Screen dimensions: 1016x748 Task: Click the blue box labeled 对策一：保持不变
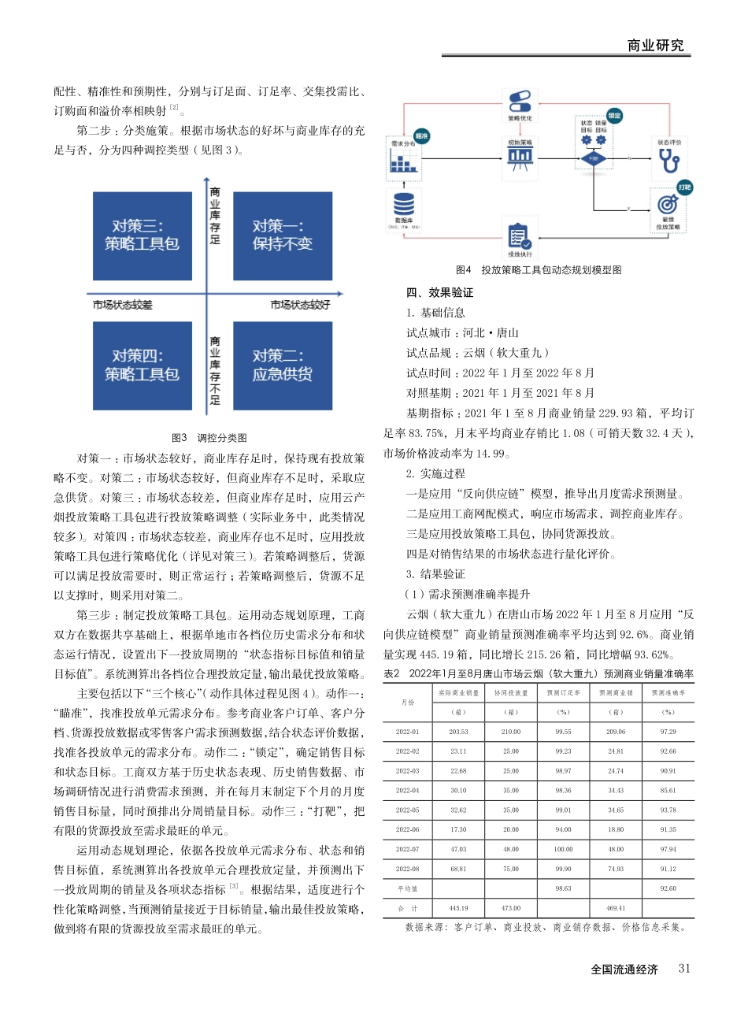(x=282, y=235)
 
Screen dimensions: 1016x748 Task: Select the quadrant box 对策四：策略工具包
(x=143, y=365)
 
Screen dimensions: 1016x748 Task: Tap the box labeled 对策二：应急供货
(x=282, y=365)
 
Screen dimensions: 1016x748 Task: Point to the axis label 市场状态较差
(x=122, y=305)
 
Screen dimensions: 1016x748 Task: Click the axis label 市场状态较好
(x=300, y=305)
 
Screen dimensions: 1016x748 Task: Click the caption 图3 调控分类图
(x=209, y=438)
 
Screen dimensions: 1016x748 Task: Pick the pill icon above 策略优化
(x=520, y=102)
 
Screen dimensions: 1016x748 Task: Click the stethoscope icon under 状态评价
(x=668, y=161)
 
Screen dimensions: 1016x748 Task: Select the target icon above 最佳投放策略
(x=668, y=205)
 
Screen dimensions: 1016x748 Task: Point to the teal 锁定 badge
(x=614, y=116)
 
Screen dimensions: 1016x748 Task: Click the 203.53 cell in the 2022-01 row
(x=458, y=732)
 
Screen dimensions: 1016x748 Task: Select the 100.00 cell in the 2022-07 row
(x=563, y=849)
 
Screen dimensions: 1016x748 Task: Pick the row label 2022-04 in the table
(x=407, y=790)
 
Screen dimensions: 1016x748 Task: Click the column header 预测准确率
(x=668, y=693)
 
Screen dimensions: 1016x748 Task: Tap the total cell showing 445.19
(x=458, y=908)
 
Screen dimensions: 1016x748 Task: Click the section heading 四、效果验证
(x=440, y=293)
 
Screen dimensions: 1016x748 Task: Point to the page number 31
(x=684, y=969)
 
